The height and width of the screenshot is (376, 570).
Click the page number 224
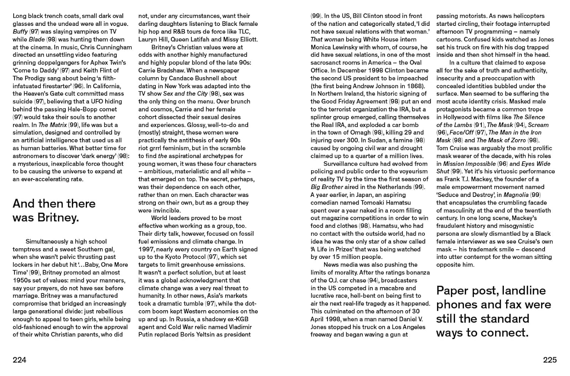coord(19,360)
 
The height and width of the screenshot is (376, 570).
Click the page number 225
coord(549,360)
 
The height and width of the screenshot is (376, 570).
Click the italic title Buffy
coord(20,32)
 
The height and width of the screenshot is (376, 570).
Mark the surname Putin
coord(146,335)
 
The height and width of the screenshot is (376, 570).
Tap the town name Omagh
coord(359,132)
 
